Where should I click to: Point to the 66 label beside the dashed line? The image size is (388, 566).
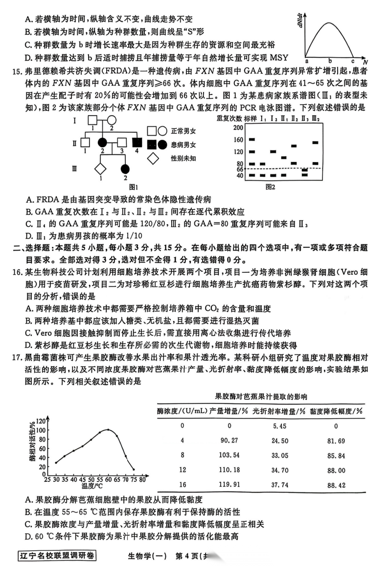point(239,169)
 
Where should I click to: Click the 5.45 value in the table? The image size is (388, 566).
point(272,425)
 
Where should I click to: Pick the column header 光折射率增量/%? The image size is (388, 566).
point(278,411)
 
